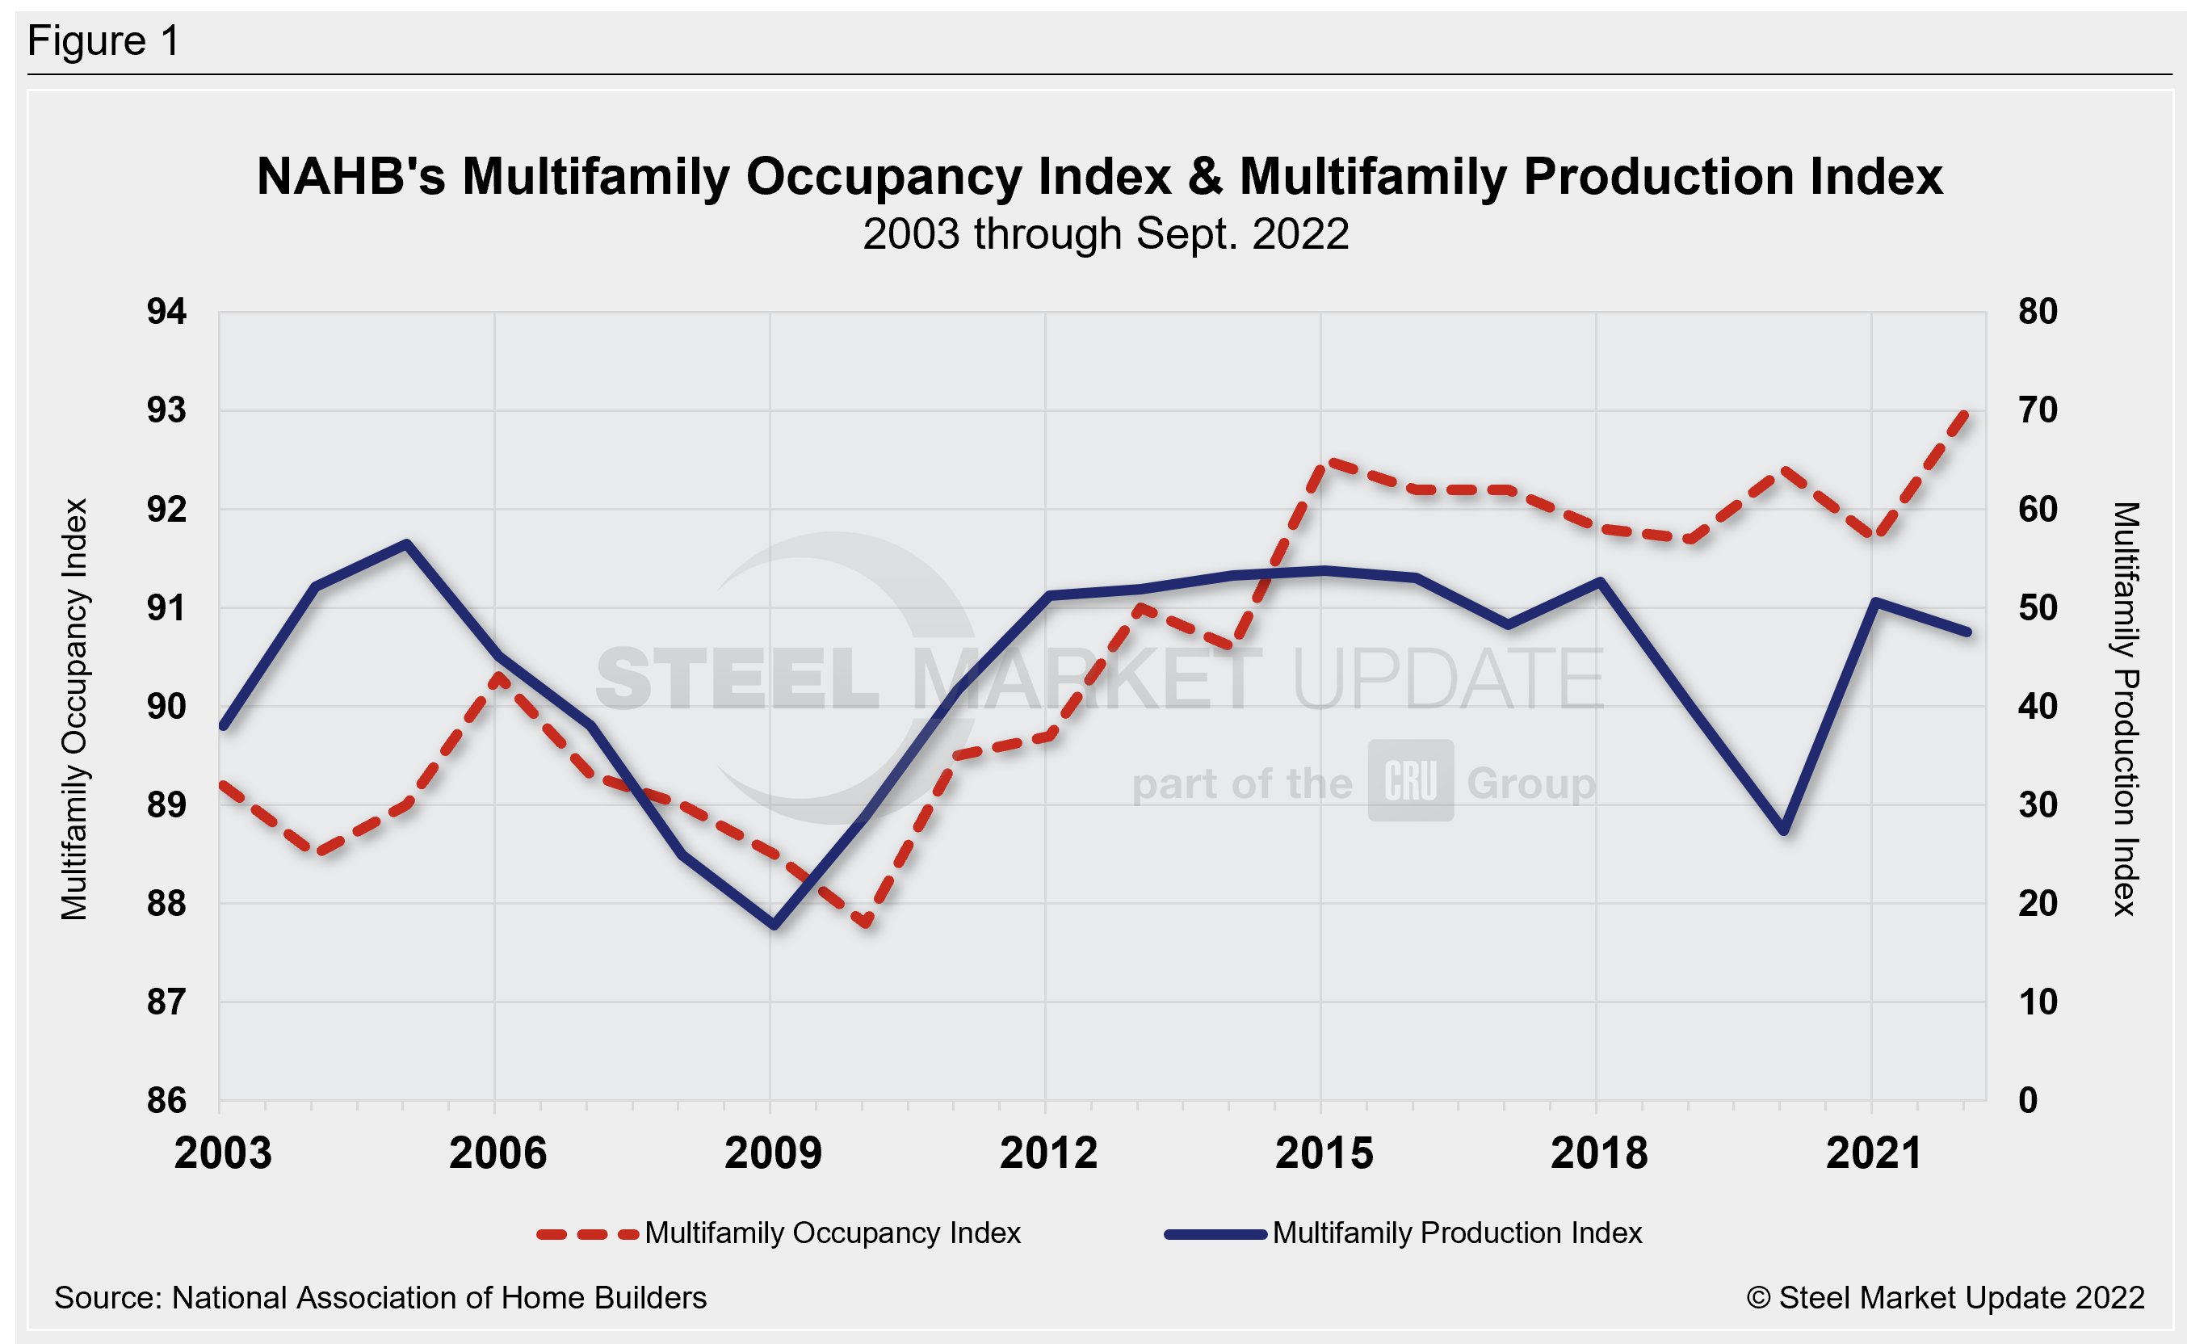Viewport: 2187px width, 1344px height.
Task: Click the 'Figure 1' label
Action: pos(103,41)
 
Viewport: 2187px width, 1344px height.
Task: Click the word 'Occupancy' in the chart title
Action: pos(958,176)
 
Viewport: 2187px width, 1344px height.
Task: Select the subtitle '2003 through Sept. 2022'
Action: pos(1106,235)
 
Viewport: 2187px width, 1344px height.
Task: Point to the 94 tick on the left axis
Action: pos(166,312)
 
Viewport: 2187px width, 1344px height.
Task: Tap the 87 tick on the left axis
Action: pos(166,1002)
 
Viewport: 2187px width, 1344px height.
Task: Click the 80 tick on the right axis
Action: pos(2038,312)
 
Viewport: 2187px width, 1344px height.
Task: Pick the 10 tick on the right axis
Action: pos(2038,1002)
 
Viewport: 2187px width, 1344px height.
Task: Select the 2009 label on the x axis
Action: pos(772,1153)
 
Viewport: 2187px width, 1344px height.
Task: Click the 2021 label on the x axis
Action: pos(1874,1153)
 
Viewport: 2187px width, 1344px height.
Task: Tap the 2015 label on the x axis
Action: pos(1323,1153)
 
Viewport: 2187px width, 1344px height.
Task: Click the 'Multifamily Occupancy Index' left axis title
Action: pos(74,708)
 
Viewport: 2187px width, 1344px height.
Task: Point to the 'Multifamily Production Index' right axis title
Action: pos(2125,708)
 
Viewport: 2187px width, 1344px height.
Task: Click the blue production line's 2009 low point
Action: pos(774,926)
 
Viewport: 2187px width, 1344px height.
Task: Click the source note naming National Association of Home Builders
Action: pos(380,1298)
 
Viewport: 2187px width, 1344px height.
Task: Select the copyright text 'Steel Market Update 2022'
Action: pos(1960,1298)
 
